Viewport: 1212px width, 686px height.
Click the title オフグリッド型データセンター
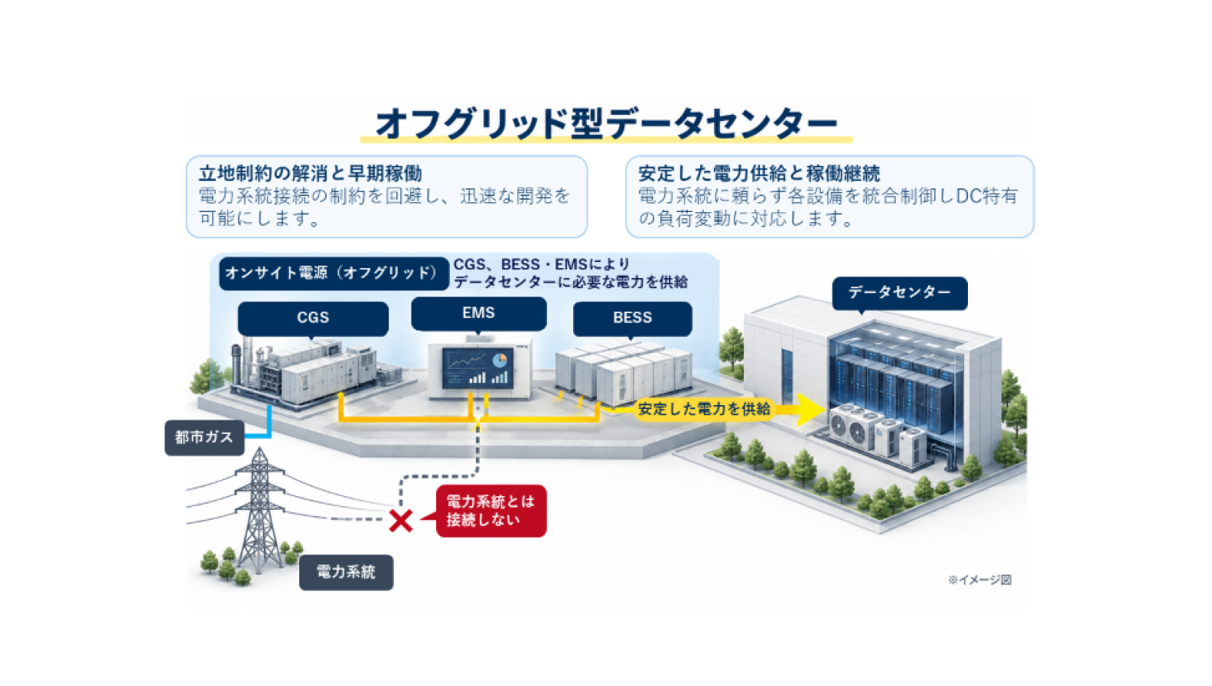[606, 123]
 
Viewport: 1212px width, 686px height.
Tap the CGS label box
[313, 318]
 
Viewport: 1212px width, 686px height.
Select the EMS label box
[478, 313]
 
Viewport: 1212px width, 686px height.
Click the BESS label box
[632, 318]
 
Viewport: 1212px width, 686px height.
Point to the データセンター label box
[899, 293]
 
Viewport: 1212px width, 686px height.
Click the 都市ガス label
[204, 437]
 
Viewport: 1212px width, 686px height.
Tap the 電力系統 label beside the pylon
[346, 572]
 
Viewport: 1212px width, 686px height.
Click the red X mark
[401, 521]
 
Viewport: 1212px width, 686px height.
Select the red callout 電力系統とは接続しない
[490, 511]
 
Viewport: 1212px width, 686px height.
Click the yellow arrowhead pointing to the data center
[810, 410]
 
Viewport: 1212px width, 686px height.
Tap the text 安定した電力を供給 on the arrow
[704, 409]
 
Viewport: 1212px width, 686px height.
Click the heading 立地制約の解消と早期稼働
[310, 173]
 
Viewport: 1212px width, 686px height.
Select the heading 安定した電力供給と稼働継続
[758, 173]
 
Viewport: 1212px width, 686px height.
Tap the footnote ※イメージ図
[979, 580]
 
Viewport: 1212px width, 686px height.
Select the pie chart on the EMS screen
[500, 359]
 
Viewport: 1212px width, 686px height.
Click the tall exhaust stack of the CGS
[236, 365]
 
